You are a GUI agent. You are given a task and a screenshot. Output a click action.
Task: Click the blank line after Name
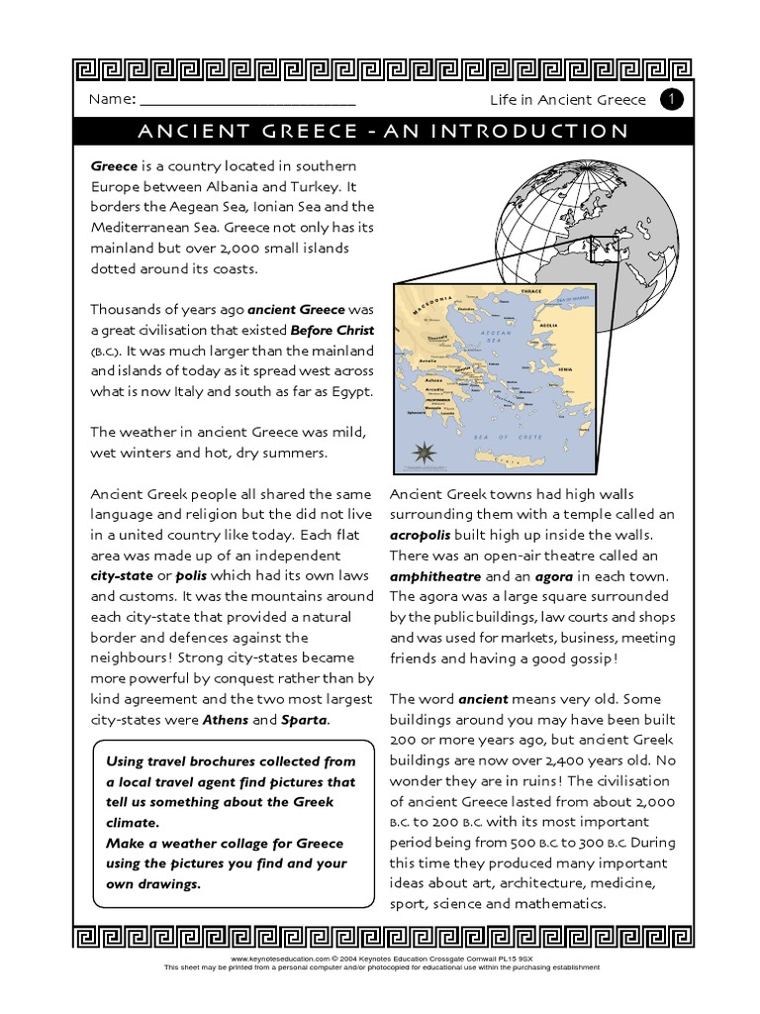[247, 102]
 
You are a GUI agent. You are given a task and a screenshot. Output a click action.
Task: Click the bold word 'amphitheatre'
[436, 576]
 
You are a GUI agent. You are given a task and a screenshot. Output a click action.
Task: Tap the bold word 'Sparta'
[305, 720]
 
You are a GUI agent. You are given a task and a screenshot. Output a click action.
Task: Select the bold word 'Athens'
[226, 720]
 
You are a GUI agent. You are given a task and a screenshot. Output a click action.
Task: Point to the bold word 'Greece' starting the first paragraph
[114, 165]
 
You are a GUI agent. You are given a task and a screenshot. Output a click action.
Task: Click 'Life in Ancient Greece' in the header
[568, 100]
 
